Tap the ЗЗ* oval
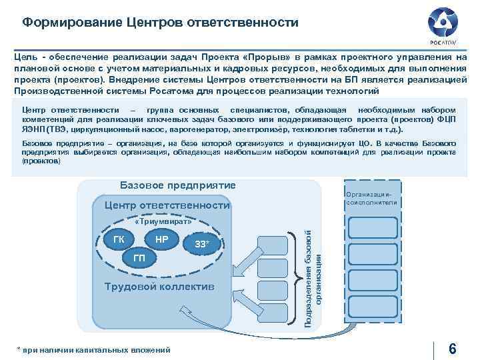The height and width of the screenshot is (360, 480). [x=202, y=245]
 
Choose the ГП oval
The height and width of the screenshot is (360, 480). [x=139, y=258]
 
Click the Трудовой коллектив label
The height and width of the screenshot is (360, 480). [x=160, y=287]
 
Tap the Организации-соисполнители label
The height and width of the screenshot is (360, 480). [x=372, y=198]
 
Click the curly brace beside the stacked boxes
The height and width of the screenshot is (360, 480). [x=297, y=277]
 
